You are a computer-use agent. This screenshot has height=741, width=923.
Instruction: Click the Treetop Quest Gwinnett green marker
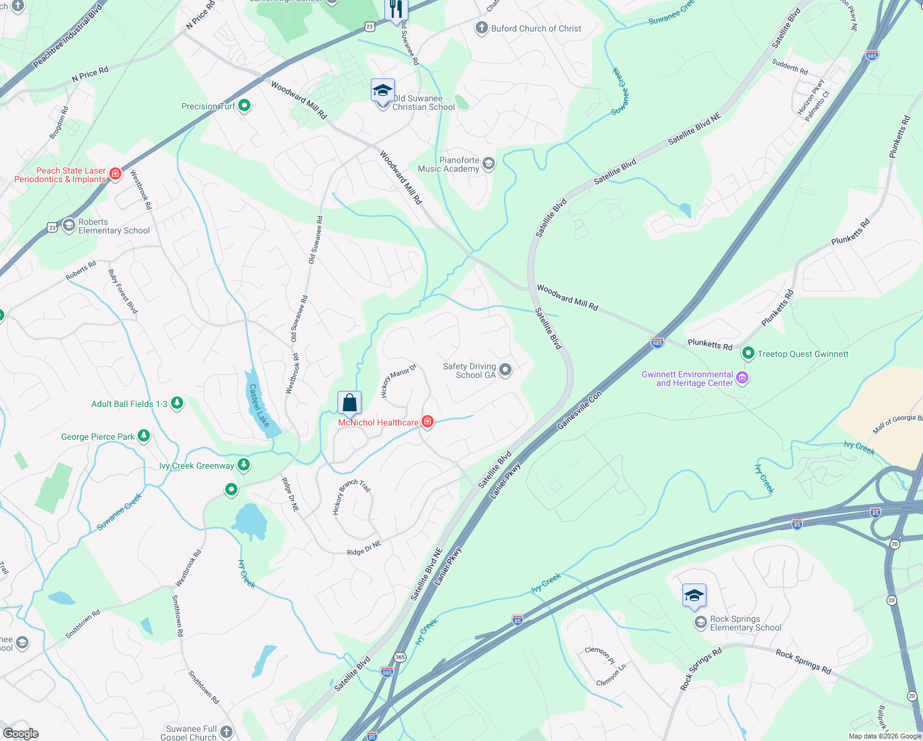(748, 353)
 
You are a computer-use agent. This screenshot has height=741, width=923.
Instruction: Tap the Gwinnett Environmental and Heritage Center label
(687, 379)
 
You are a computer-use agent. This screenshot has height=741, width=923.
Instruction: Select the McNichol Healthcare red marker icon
(427, 422)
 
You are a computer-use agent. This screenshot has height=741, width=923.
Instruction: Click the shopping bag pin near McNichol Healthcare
(349, 403)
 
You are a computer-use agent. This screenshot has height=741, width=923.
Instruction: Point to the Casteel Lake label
(259, 406)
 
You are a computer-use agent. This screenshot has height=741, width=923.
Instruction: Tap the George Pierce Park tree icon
(144, 436)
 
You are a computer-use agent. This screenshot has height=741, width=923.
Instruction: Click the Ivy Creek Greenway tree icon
(244, 465)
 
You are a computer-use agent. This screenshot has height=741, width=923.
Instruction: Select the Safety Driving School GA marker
(505, 370)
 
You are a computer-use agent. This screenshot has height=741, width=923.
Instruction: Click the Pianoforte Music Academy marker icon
(489, 164)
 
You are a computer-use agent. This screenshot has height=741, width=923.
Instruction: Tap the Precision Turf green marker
(244, 106)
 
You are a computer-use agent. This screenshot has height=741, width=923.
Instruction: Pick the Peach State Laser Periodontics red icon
(115, 174)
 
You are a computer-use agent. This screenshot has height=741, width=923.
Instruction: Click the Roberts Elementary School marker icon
(68, 225)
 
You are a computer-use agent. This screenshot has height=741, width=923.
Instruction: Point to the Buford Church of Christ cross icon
(481, 28)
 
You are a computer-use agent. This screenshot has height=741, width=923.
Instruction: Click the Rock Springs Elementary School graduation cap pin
(694, 596)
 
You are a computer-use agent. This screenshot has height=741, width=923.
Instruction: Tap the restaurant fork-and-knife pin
(395, 9)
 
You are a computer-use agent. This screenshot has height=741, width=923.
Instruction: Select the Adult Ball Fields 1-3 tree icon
(177, 403)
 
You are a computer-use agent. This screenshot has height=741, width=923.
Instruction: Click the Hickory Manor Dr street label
(398, 380)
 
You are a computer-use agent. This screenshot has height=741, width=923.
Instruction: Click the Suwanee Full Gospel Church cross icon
(226, 732)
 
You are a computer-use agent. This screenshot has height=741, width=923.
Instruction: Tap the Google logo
(21, 733)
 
